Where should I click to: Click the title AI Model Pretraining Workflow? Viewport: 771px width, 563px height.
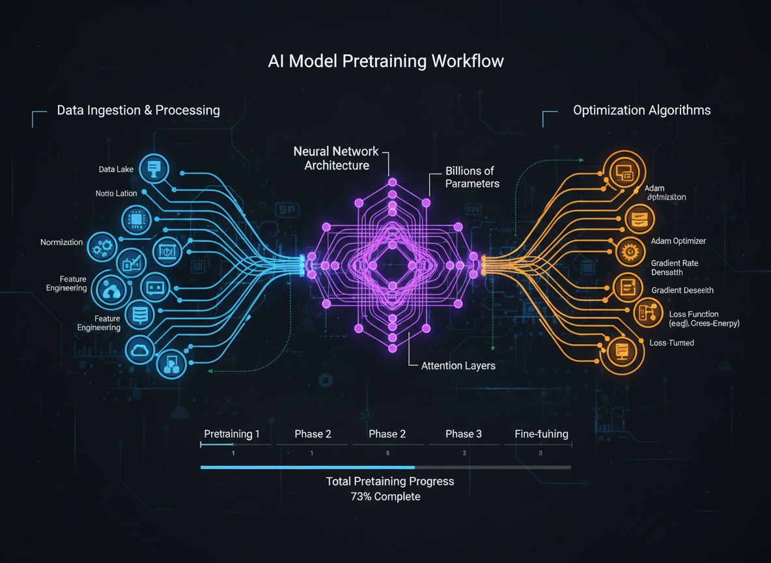(x=385, y=62)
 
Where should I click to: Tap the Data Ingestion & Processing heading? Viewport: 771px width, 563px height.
(x=138, y=110)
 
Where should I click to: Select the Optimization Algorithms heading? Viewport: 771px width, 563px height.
(x=641, y=110)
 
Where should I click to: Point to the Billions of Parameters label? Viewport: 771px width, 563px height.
(x=472, y=177)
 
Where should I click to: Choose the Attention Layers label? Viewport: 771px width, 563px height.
(x=458, y=366)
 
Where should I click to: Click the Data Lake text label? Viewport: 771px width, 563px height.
(x=116, y=169)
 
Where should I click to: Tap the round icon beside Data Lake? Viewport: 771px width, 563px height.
(x=154, y=169)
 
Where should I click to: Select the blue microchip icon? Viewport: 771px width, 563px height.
(x=137, y=220)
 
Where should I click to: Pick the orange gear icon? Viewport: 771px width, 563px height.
(x=628, y=252)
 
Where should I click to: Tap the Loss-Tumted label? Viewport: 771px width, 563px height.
(x=671, y=343)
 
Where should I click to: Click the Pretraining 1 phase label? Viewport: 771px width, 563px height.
(x=232, y=434)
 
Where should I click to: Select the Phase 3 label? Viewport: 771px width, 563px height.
(x=464, y=434)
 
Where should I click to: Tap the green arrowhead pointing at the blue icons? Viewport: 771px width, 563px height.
(x=208, y=371)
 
